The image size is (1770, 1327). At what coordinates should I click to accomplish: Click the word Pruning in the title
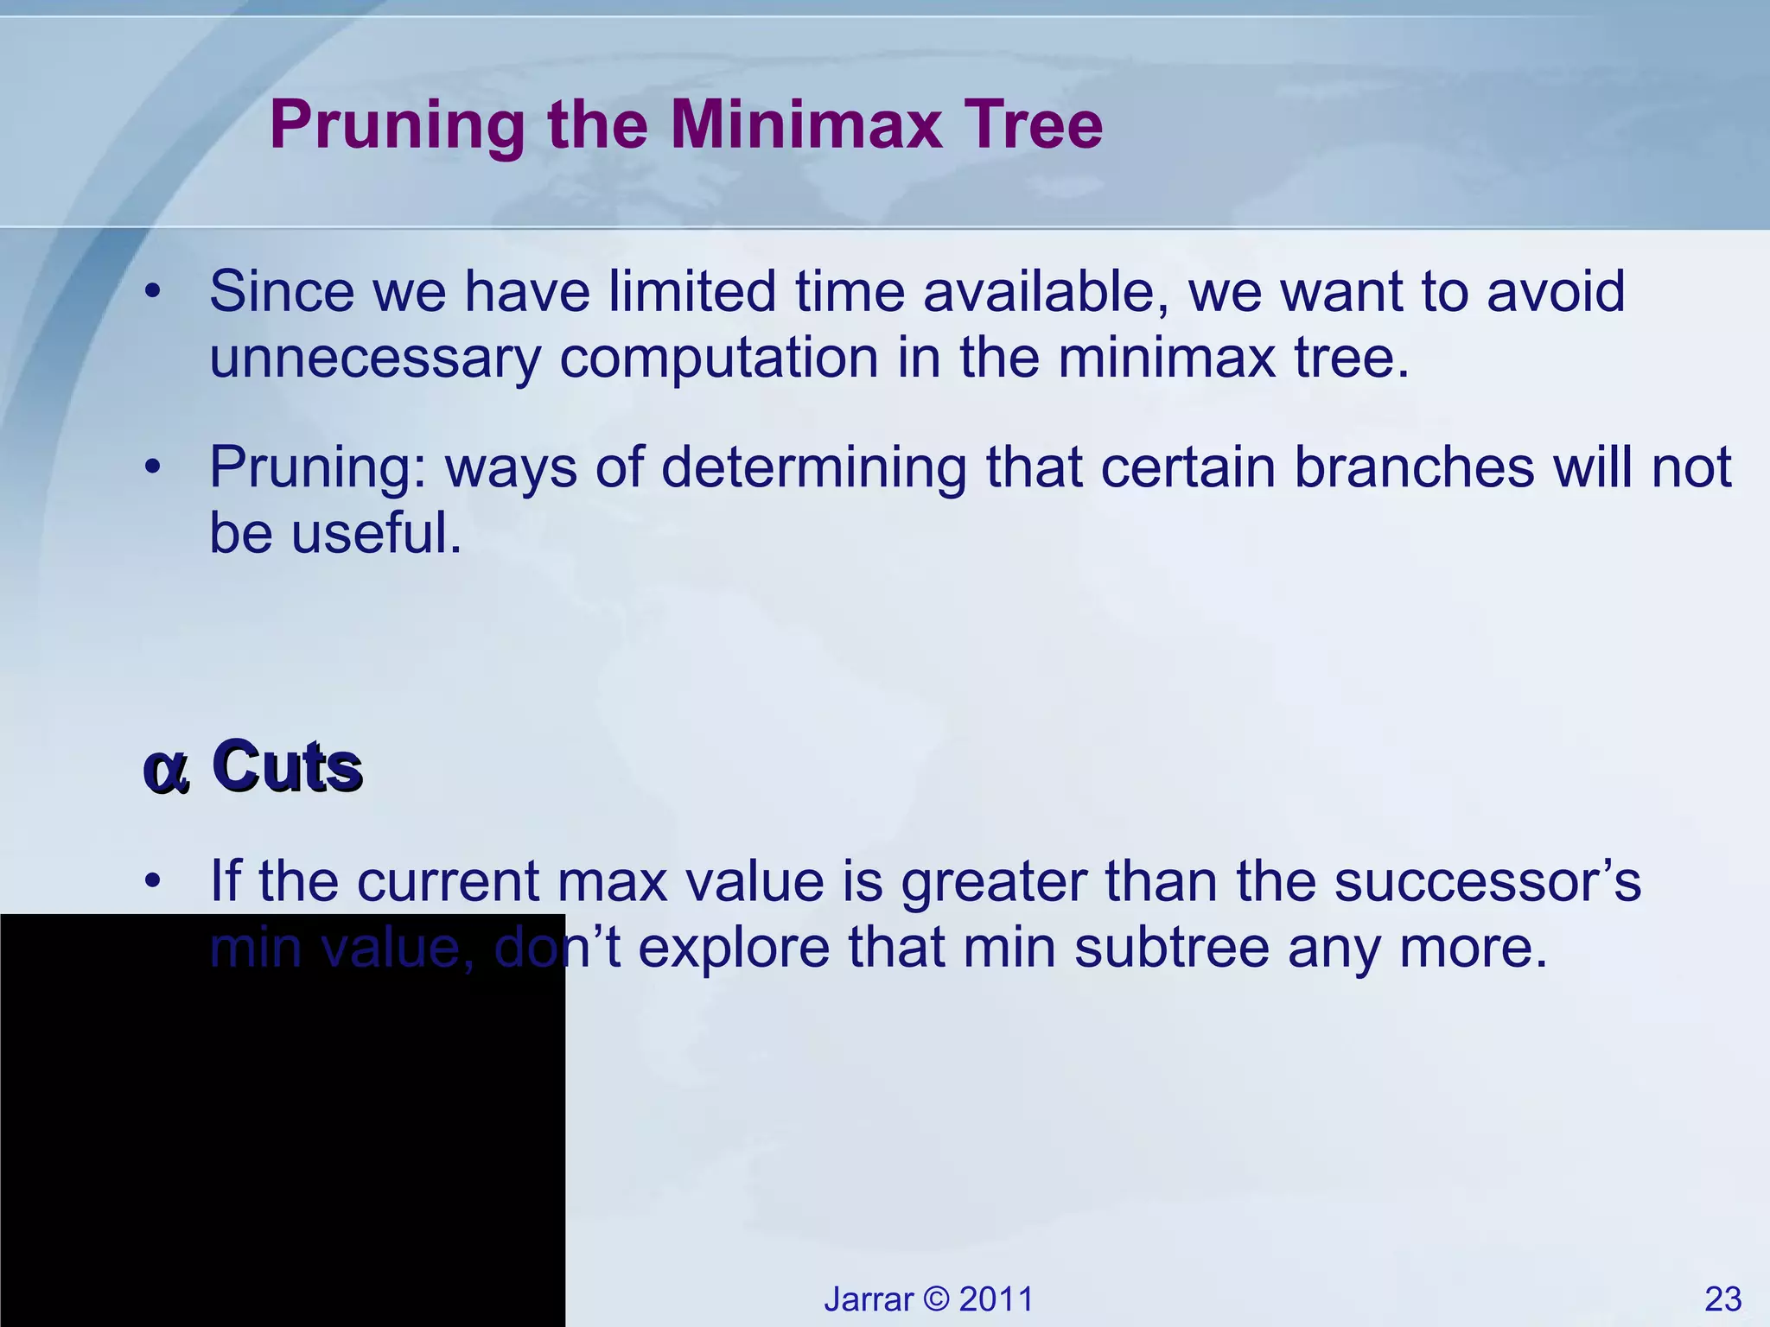[397, 126]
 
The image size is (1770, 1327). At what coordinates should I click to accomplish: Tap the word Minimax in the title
[805, 124]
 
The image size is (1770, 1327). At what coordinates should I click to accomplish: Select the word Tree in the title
[1033, 124]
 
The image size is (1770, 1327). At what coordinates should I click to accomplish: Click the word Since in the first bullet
[281, 291]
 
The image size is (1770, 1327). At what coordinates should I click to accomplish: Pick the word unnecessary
[374, 358]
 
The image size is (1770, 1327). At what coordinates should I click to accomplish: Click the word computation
[718, 358]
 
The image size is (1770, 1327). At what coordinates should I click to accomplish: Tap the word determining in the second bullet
[812, 467]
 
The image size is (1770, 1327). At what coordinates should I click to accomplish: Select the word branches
[1414, 467]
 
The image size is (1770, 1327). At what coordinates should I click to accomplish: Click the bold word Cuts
[287, 766]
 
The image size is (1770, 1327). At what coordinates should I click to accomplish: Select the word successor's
[1487, 882]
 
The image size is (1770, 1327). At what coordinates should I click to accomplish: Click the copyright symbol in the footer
[936, 1299]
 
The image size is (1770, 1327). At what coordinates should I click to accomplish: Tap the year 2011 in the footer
[996, 1299]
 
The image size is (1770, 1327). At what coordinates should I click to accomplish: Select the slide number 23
[1722, 1299]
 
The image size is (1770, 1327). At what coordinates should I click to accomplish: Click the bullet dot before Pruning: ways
[153, 467]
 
